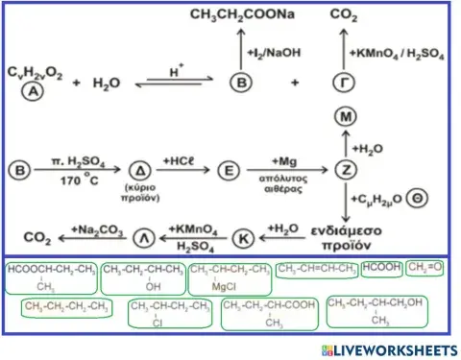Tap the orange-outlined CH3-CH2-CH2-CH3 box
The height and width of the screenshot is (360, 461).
pos(65,307)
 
